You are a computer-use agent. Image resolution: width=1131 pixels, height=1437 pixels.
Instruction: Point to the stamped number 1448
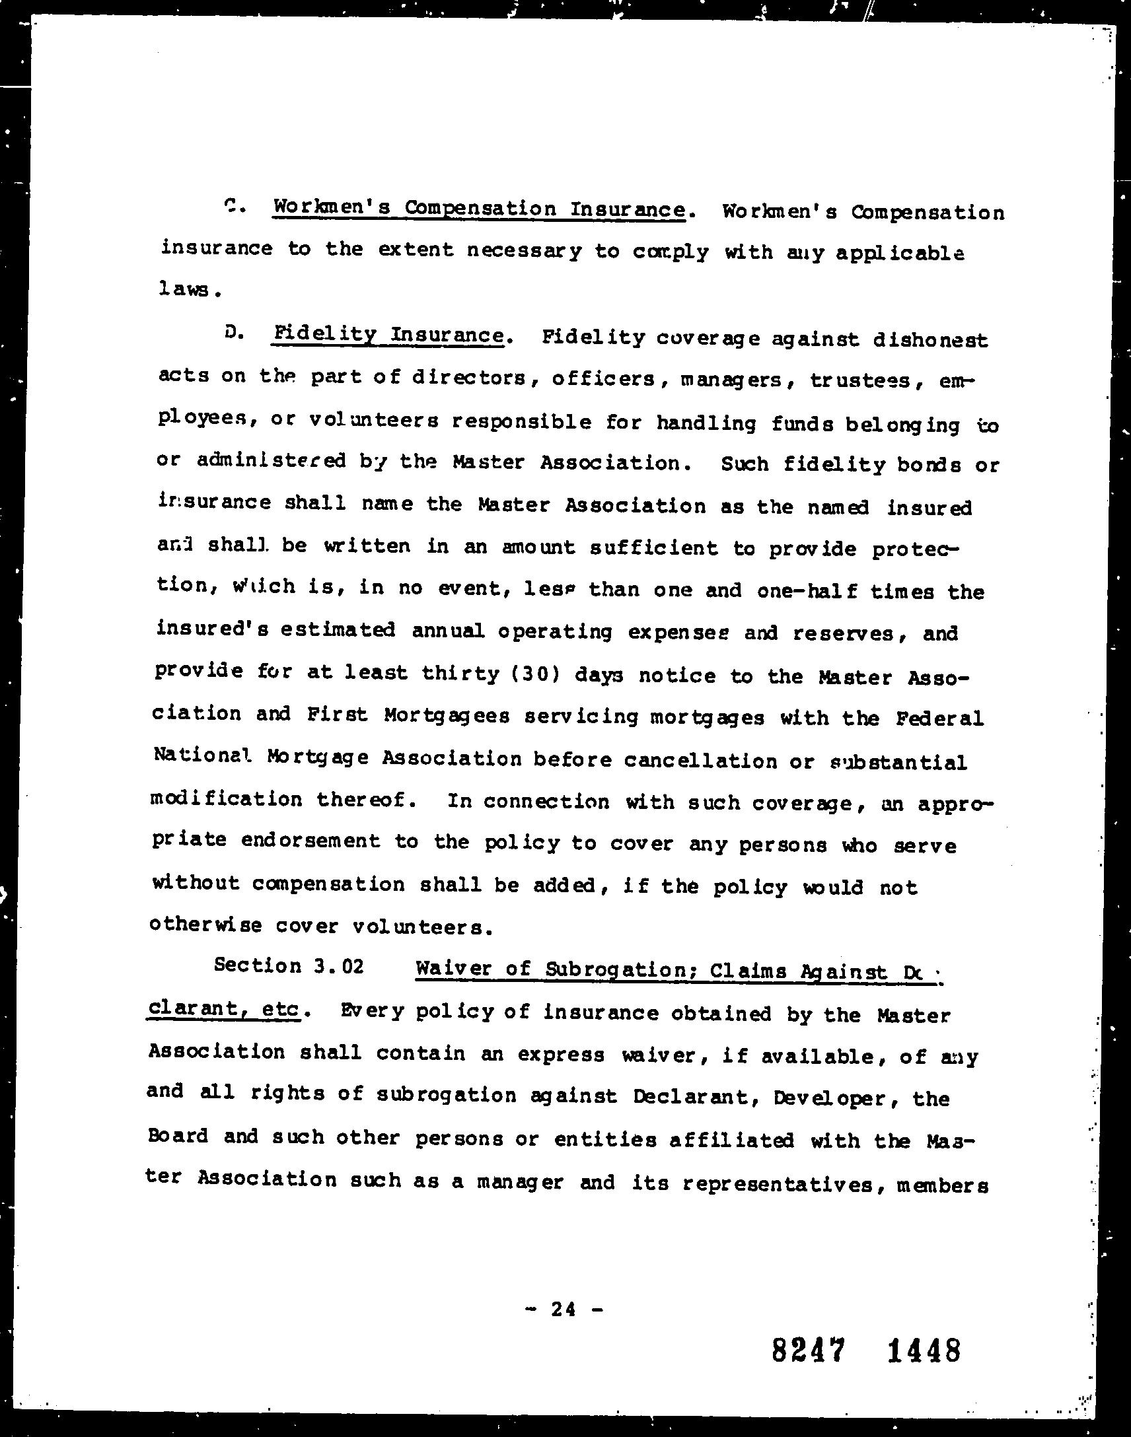point(923,1350)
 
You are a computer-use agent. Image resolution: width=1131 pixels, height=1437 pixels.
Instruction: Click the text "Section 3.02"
point(289,965)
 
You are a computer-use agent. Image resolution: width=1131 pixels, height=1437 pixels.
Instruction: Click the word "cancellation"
point(700,761)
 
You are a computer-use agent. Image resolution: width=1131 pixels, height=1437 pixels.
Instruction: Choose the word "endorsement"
point(310,841)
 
